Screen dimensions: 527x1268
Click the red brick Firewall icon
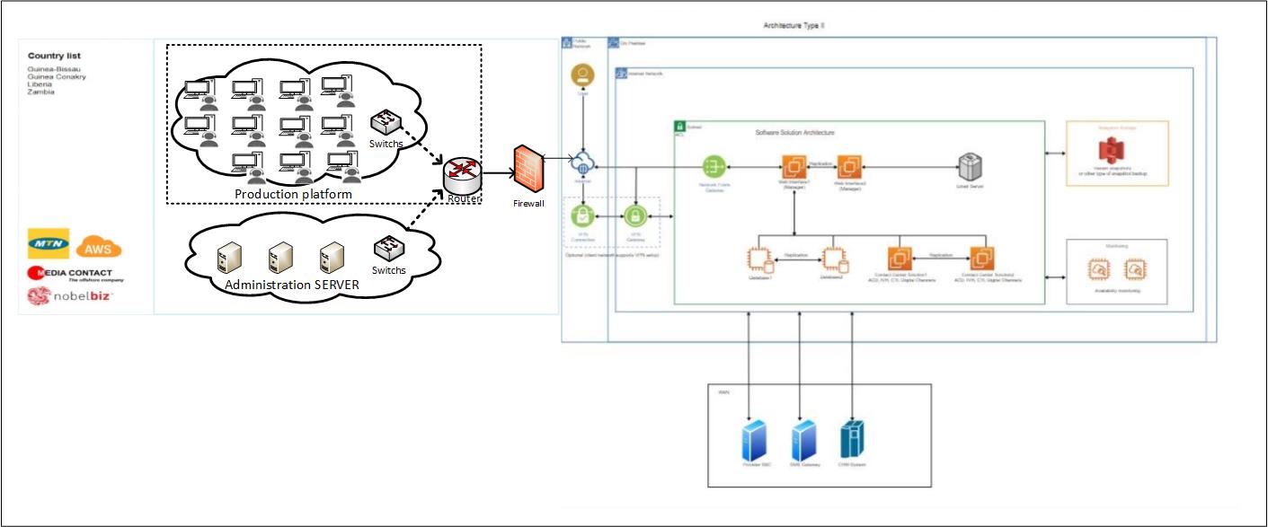click(x=528, y=171)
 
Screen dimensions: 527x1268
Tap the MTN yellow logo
click(x=49, y=243)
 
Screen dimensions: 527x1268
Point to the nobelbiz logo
click(x=70, y=295)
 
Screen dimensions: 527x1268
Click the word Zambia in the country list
click(x=41, y=92)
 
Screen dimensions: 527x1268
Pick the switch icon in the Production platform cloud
click(x=387, y=122)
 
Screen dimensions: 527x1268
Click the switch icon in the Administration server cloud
click(x=388, y=247)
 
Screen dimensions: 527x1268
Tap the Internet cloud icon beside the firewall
click(x=584, y=166)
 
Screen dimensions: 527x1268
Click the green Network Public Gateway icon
click(x=714, y=166)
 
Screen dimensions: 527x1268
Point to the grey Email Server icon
click(x=969, y=167)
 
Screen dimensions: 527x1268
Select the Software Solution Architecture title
click(x=794, y=132)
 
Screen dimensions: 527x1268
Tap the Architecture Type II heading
click(x=794, y=26)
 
